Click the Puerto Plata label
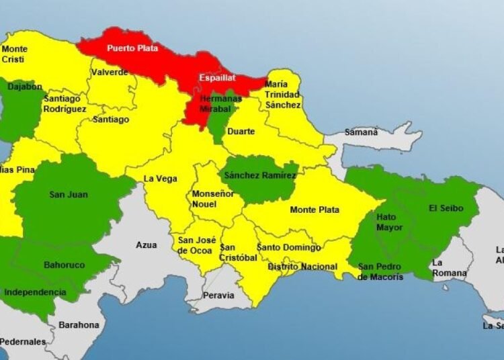click(x=129, y=48)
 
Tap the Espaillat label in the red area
click(x=216, y=79)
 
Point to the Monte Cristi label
click(x=15, y=54)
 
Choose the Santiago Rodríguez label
click(x=65, y=103)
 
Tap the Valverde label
click(x=110, y=73)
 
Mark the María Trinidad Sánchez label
click(x=282, y=95)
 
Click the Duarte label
click(x=241, y=132)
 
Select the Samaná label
click(x=361, y=132)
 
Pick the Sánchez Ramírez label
click(x=260, y=175)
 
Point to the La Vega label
click(x=161, y=179)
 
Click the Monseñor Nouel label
click(x=213, y=199)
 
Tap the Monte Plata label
click(x=312, y=210)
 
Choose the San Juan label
click(x=69, y=195)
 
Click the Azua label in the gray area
click(x=146, y=245)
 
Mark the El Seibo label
click(x=446, y=208)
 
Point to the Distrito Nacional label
click(x=302, y=267)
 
